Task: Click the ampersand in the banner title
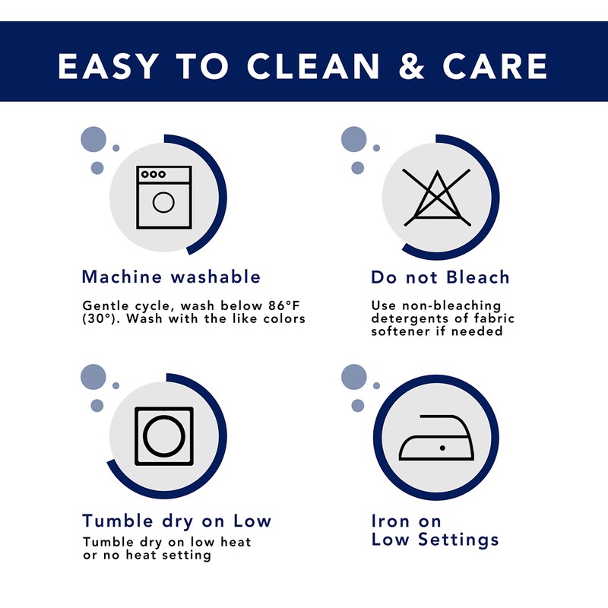pyautogui.click(x=411, y=66)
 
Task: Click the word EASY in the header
pyautogui.click(x=109, y=66)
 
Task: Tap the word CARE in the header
pyautogui.click(x=495, y=66)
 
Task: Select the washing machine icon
pyautogui.click(x=164, y=198)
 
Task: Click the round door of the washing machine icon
pyautogui.click(x=163, y=202)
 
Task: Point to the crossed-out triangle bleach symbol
pyautogui.click(x=437, y=198)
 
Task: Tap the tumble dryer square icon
pyautogui.click(x=164, y=435)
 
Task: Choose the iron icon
pyautogui.click(x=436, y=438)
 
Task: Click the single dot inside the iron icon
pyautogui.click(x=442, y=448)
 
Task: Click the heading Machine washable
pyautogui.click(x=171, y=277)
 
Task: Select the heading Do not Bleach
pyautogui.click(x=440, y=277)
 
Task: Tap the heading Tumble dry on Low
pyautogui.click(x=177, y=521)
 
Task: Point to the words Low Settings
pyautogui.click(x=435, y=540)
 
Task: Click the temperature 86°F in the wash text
pyautogui.click(x=283, y=306)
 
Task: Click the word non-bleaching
pyautogui.click(x=451, y=306)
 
